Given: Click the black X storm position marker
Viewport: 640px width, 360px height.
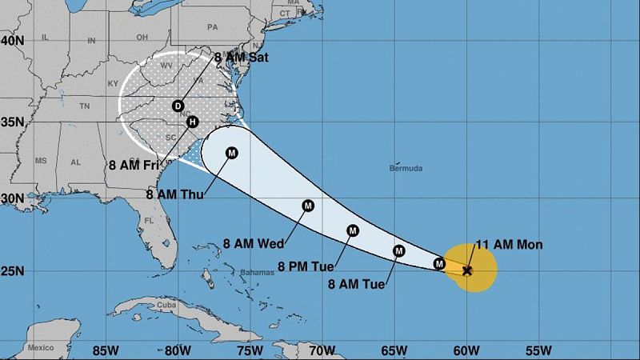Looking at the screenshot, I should point(467,270).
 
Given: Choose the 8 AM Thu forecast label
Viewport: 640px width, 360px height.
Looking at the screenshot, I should point(175,193).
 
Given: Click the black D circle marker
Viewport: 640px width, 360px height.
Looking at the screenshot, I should point(178,106).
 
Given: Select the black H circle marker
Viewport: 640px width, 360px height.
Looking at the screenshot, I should point(192,122).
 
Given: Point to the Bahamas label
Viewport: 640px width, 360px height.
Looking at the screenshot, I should point(256,272).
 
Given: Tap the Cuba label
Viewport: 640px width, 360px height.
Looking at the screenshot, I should point(166,305).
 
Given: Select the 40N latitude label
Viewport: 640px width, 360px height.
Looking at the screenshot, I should point(14,40).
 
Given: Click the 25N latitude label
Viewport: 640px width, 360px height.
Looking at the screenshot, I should point(14,271).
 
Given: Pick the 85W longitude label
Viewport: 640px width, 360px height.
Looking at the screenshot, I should point(105,349).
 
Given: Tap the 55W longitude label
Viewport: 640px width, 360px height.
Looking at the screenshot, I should point(538,349).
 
